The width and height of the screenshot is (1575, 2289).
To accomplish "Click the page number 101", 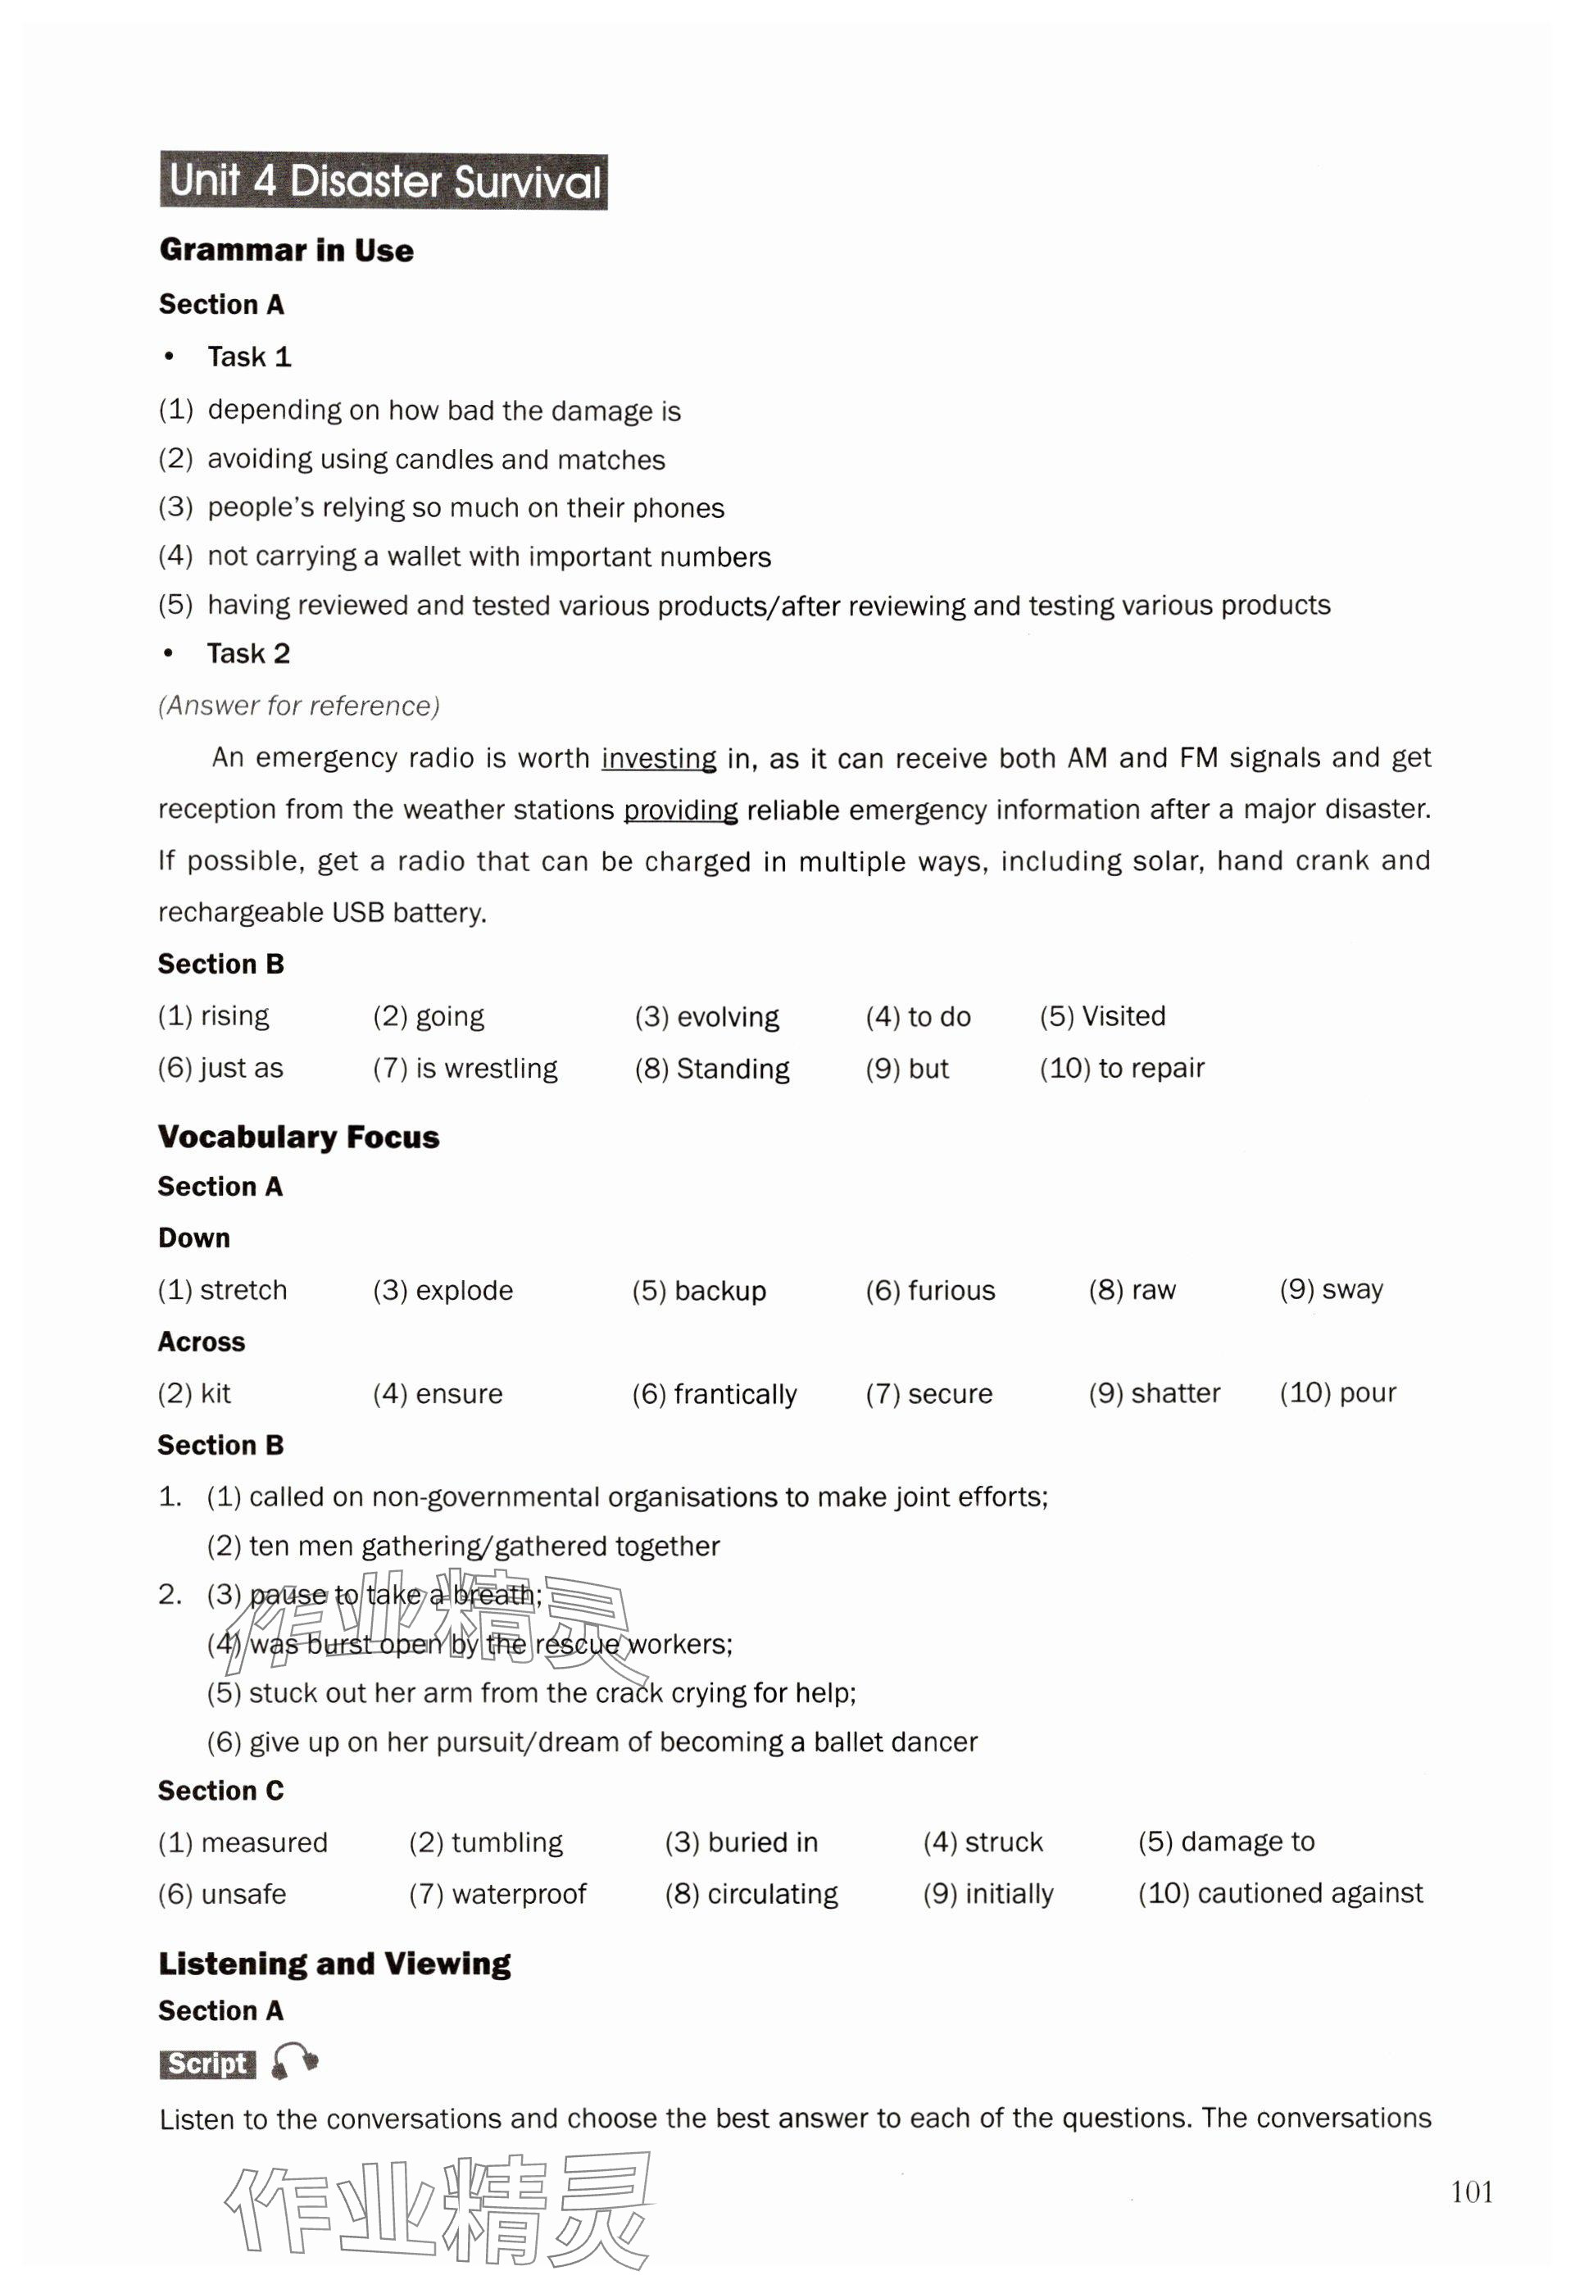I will point(1472,2191).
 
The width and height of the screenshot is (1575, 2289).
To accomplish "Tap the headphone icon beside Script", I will point(294,2062).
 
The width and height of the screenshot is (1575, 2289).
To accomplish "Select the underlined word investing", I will point(658,758).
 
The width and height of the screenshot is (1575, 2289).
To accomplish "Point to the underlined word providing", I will point(680,811).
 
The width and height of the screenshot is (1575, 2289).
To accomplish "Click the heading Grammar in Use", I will point(286,250).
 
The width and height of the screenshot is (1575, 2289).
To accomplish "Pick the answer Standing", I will point(733,1069).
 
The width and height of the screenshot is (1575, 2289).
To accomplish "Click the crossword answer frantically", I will point(735,1394).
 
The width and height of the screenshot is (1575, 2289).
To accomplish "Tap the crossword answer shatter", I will point(1175,1392).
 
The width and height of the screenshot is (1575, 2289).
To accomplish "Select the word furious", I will point(951,1290).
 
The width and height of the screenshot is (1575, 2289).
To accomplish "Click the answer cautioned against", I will point(1309,1892).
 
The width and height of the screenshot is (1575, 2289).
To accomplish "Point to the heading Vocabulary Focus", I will point(298,1137).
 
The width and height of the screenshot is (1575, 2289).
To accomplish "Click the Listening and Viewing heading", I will point(334,1964).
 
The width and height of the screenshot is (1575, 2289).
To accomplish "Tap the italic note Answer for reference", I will point(298,706).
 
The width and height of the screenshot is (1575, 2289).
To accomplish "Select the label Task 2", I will point(247,653).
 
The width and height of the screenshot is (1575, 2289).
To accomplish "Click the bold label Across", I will point(202,1342).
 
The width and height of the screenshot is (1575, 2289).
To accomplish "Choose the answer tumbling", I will point(506,1842).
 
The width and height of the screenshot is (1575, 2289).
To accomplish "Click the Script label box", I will point(207,2063).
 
